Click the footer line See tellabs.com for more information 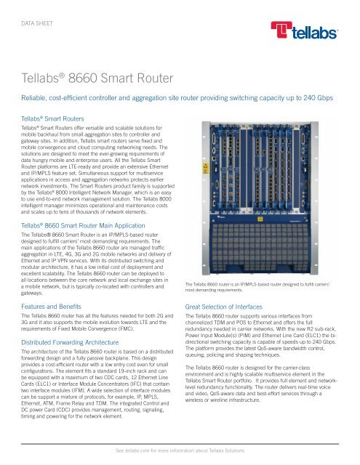click(180, 451)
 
